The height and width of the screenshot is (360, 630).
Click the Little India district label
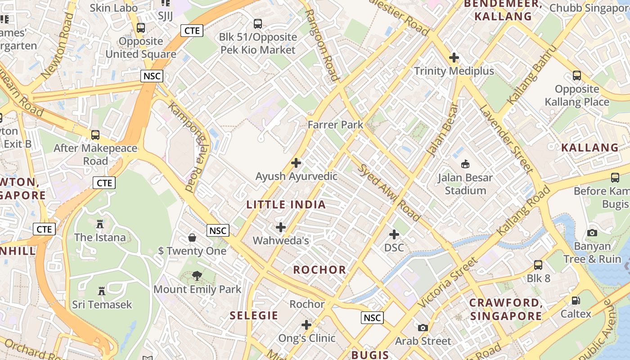tap(286, 205)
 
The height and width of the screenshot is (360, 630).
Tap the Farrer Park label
tap(335, 125)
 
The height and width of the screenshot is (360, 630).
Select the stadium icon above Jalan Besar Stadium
tap(465, 164)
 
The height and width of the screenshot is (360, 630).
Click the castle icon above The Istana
tap(100, 224)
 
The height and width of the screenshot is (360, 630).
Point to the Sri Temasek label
tap(102, 305)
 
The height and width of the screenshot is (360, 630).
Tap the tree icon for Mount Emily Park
tap(197, 276)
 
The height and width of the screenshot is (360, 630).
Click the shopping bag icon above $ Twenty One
tap(192, 237)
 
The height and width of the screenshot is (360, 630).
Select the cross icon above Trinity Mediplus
tap(454, 58)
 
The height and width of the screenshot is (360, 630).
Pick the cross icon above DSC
tap(394, 234)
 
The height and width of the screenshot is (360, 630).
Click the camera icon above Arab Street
tap(423, 328)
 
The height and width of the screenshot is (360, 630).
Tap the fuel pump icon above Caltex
tap(576, 300)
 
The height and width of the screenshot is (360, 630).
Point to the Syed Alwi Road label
tap(389, 193)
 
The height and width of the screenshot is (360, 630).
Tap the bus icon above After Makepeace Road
tap(95, 135)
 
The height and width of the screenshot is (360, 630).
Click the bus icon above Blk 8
tap(538, 265)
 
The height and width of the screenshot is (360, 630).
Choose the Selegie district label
tap(254, 315)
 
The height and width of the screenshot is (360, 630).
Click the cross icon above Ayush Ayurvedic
tap(296, 162)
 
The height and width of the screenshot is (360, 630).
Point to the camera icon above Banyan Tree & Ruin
tap(592, 233)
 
